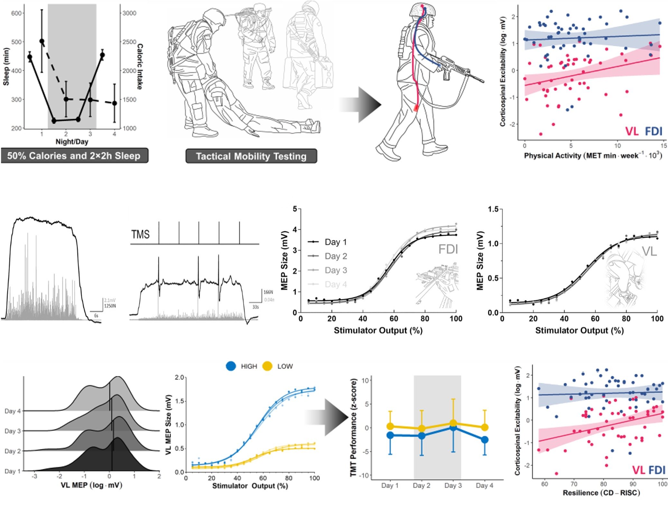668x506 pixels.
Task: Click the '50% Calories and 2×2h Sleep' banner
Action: click(x=74, y=156)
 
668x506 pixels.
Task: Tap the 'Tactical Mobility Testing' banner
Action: click(x=251, y=156)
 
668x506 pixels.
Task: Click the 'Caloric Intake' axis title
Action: click(x=140, y=67)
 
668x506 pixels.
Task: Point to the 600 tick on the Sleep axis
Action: click(x=16, y=13)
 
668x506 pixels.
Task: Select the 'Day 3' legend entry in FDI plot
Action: click(x=336, y=270)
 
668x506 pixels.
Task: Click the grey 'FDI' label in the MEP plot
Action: click(x=448, y=249)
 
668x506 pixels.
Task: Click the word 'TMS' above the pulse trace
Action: click(x=140, y=234)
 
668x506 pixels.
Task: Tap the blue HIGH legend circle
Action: click(x=231, y=366)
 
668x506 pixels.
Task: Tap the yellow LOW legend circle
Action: click(x=267, y=366)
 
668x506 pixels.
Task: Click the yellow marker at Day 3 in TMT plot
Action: click(x=453, y=423)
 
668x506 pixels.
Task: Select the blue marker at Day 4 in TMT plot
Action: click(x=485, y=440)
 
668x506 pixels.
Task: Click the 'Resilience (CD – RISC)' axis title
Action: click(x=601, y=493)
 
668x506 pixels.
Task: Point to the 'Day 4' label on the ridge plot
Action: click(x=13, y=411)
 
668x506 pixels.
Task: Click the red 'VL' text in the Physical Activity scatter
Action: click(x=632, y=131)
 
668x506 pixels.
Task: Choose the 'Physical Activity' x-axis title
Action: click(x=593, y=155)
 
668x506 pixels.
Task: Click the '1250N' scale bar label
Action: click(x=110, y=306)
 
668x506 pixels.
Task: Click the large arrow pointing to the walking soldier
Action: click(x=362, y=105)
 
